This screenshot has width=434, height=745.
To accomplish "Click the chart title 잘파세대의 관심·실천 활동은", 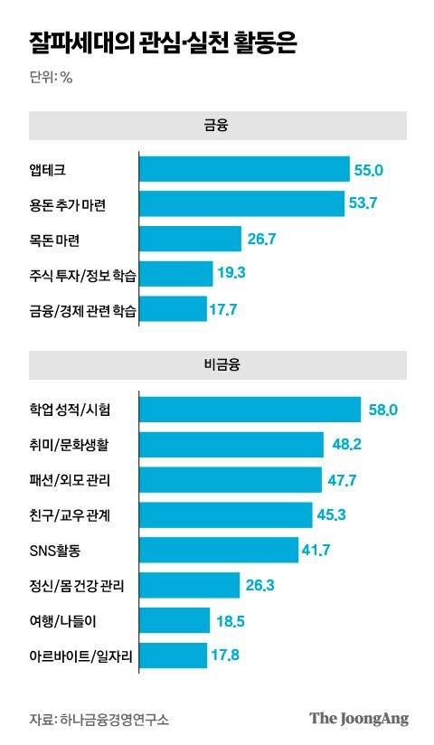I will pyautogui.click(x=164, y=42).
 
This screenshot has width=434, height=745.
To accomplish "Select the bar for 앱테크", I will pyautogui.click(x=244, y=169).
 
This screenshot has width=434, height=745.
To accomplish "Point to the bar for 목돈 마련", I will pyautogui.click(x=192, y=240).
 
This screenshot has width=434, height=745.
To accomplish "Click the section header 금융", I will pyautogui.click(x=217, y=126).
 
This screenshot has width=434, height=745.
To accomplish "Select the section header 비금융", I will pyautogui.click(x=217, y=366).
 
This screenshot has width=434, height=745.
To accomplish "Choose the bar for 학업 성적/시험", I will pyautogui.click(x=250, y=410).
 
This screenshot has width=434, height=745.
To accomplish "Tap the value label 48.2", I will pyautogui.click(x=347, y=445).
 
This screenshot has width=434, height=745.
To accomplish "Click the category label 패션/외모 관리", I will pyautogui.click(x=69, y=480).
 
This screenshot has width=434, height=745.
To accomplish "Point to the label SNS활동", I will pyautogui.click(x=55, y=550).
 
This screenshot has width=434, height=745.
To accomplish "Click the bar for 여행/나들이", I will pyautogui.click(x=175, y=620).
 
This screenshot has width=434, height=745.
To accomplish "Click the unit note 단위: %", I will pyautogui.click(x=51, y=77).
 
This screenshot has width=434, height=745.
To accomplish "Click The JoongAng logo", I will pyautogui.click(x=359, y=719).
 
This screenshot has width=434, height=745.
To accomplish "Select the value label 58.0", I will pyautogui.click(x=383, y=410).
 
